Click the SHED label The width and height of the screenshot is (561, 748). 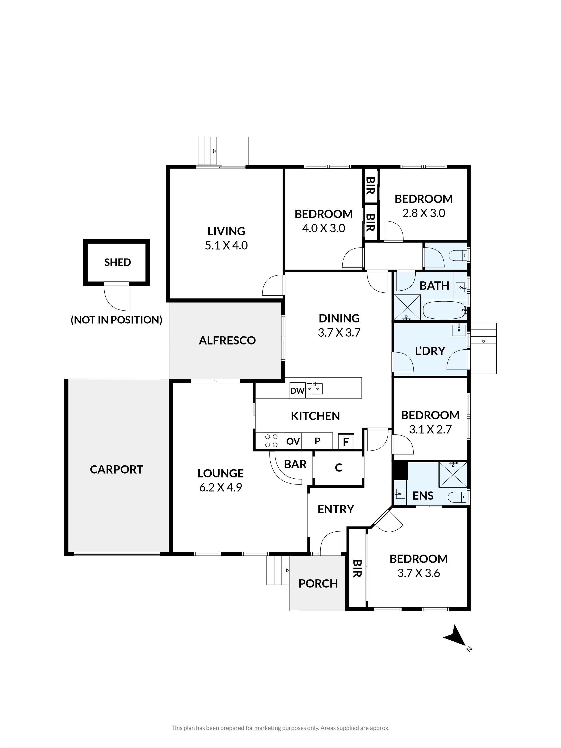pos(117,262)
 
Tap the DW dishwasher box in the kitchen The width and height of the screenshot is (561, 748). pos(298,390)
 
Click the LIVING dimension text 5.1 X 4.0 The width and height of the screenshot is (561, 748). pos(226,245)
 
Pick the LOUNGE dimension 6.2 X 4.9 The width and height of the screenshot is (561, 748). pos(221,487)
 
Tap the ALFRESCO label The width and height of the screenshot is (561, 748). pos(227,340)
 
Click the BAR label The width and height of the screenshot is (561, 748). pos(295,464)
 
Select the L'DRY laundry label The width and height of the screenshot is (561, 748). pos(430,351)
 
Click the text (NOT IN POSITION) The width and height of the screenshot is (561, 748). pos(116,320)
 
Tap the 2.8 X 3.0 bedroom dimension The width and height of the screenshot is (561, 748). pos(424,213)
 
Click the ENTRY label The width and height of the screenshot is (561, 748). pos(336,509)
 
